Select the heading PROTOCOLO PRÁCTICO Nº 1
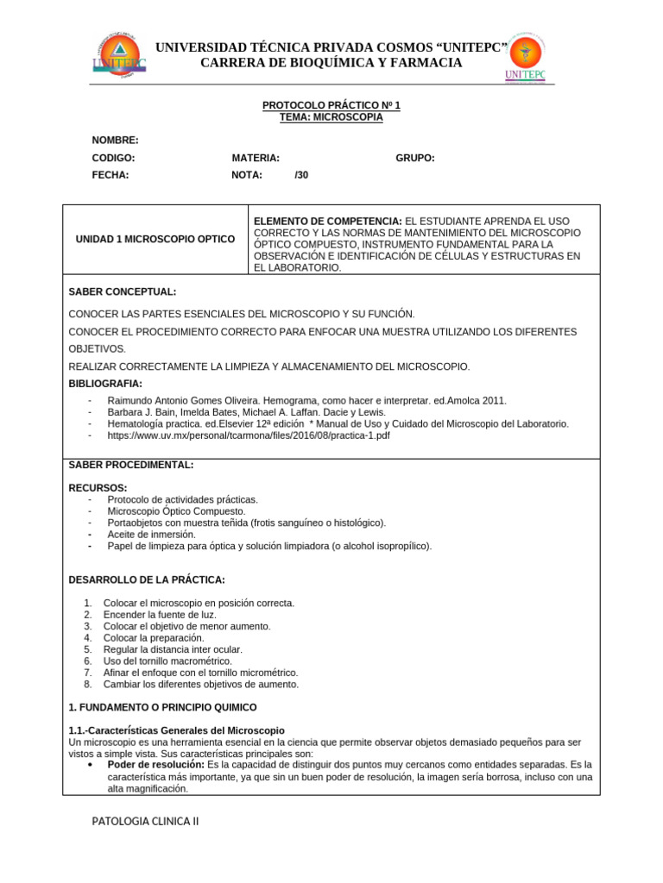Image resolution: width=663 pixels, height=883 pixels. pyautogui.click(x=331, y=105)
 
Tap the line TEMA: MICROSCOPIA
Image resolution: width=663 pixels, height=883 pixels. pyautogui.click(x=331, y=117)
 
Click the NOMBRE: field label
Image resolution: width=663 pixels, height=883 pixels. pyautogui.click(x=115, y=141)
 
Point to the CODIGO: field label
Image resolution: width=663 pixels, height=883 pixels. pyautogui.click(x=113, y=158)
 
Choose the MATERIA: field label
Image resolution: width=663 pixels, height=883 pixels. pyautogui.click(x=256, y=158)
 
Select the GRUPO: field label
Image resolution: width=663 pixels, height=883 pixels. pyautogui.click(x=415, y=158)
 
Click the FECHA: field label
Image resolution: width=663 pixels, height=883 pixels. pyautogui.click(x=110, y=174)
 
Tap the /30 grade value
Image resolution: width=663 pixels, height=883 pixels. pyautogui.click(x=301, y=174)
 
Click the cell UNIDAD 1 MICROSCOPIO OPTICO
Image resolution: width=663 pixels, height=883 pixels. pyautogui.click(x=155, y=239)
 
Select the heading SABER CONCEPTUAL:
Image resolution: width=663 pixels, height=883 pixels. pyautogui.click(x=122, y=292)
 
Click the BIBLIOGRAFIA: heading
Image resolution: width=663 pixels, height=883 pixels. pyautogui.click(x=105, y=384)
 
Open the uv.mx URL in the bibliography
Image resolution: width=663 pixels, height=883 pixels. pyautogui.click(x=249, y=435)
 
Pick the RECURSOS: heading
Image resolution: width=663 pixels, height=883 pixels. pyautogui.click(x=98, y=488)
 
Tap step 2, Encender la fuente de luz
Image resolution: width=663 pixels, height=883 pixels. pyautogui.click(x=160, y=615)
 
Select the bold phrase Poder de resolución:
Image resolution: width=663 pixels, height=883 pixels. pyautogui.click(x=155, y=765)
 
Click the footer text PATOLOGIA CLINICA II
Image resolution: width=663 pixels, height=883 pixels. pyautogui.click(x=145, y=822)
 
